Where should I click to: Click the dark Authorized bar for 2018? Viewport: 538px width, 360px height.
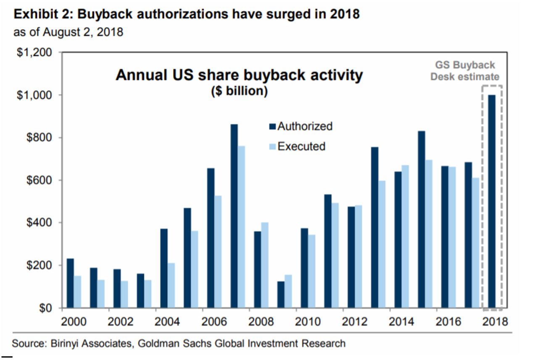[x=492, y=202]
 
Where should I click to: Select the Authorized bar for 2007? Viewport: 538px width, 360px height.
[x=234, y=216]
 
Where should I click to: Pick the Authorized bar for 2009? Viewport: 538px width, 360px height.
[x=281, y=295]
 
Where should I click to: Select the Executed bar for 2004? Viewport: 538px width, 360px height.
[x=171, y=286]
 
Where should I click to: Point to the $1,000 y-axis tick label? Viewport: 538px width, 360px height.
[x=35, y=95]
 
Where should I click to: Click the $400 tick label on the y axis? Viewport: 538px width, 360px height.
[x=38, y=223]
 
